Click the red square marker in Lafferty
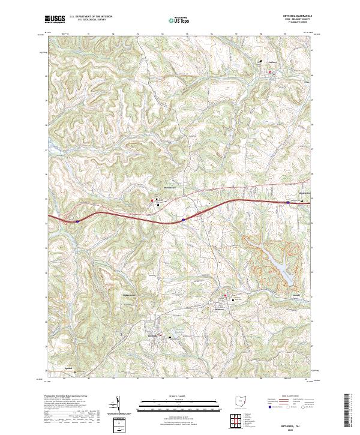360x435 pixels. click(270, 72)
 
